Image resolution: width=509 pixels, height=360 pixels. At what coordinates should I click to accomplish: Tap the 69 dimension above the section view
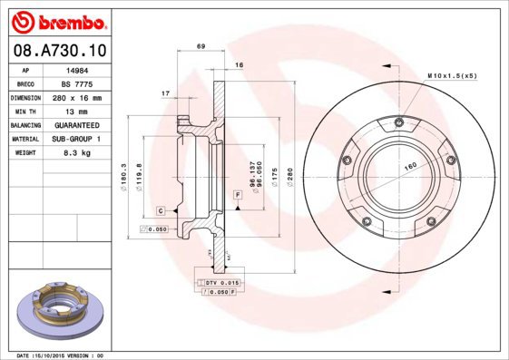click(201, 45)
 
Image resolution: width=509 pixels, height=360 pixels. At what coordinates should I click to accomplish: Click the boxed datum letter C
click(160, 210)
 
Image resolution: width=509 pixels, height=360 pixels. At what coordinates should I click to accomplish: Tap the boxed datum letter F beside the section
click(237, 196)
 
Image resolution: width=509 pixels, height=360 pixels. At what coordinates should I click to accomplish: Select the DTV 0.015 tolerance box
click(218, 284)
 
